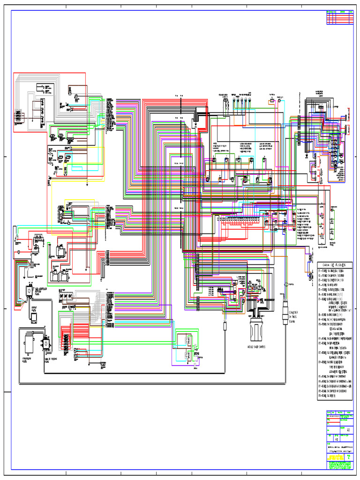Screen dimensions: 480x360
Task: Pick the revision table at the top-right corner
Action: click(339, 17)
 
